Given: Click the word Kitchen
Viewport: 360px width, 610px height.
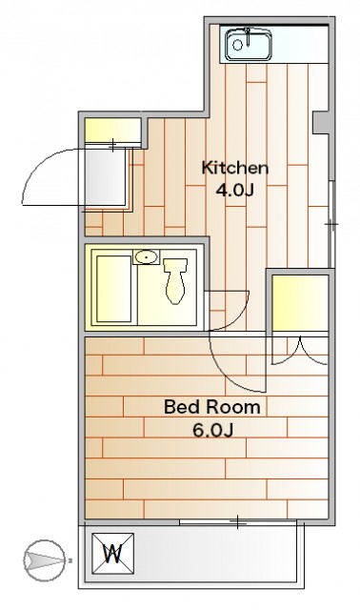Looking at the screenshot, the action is click(x=235, y=168).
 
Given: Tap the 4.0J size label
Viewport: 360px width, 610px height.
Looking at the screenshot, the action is click(x=235, y=191).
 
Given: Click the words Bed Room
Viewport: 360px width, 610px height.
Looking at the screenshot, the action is click(x=211, y=407).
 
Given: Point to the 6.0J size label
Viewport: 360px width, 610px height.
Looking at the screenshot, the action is click(x=212, y=430).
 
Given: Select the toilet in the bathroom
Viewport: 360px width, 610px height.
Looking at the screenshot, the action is click(x=175, y=280).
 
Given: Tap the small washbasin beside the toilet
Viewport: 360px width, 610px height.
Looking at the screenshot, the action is click(x=146, y=256).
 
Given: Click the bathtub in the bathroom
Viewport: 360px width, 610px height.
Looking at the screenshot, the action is click(x=113, y=289).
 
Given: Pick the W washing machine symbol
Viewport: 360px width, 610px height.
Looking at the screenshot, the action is click(x=112, y=553).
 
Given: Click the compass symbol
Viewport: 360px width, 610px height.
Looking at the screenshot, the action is click(x=44, y=560).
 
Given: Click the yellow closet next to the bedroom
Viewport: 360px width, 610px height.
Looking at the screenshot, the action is click(x=300, y=303).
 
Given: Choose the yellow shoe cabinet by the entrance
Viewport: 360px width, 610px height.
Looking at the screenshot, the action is click(x=112, y=131).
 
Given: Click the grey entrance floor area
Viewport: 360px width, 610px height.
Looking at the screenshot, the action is click(x=105, y=177).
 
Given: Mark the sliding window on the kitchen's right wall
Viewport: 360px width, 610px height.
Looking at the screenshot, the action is click(x=331, y=224).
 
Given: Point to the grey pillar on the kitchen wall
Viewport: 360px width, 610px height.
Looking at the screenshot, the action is click(x=322, y=123).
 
